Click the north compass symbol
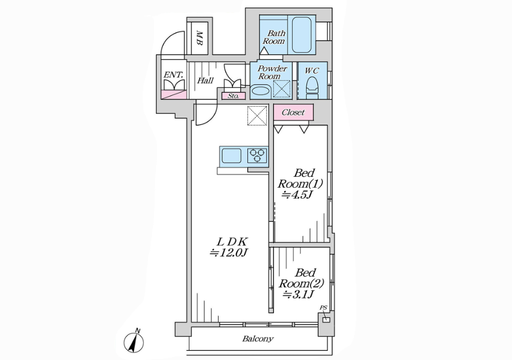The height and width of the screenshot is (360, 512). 134,342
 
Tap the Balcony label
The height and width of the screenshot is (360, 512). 258,339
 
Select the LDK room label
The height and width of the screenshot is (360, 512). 233,242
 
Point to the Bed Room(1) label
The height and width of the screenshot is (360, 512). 300,178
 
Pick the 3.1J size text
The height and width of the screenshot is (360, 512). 298,295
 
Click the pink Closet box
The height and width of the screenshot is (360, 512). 293,113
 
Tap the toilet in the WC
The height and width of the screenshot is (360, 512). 312,87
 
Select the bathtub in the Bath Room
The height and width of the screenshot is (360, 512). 301,34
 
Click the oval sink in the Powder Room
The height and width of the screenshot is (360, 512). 260,91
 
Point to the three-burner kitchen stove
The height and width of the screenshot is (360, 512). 257,156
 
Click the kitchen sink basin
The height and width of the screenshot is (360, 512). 231,156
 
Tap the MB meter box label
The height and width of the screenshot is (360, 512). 199,38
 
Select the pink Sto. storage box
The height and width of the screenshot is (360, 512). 233,96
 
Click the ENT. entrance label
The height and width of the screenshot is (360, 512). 173,75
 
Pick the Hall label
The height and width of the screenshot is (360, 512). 205,80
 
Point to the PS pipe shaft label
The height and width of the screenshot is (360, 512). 323,308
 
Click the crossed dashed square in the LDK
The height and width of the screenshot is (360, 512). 257,115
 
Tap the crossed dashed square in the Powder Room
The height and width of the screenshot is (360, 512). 281,89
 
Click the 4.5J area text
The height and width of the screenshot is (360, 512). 297,195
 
